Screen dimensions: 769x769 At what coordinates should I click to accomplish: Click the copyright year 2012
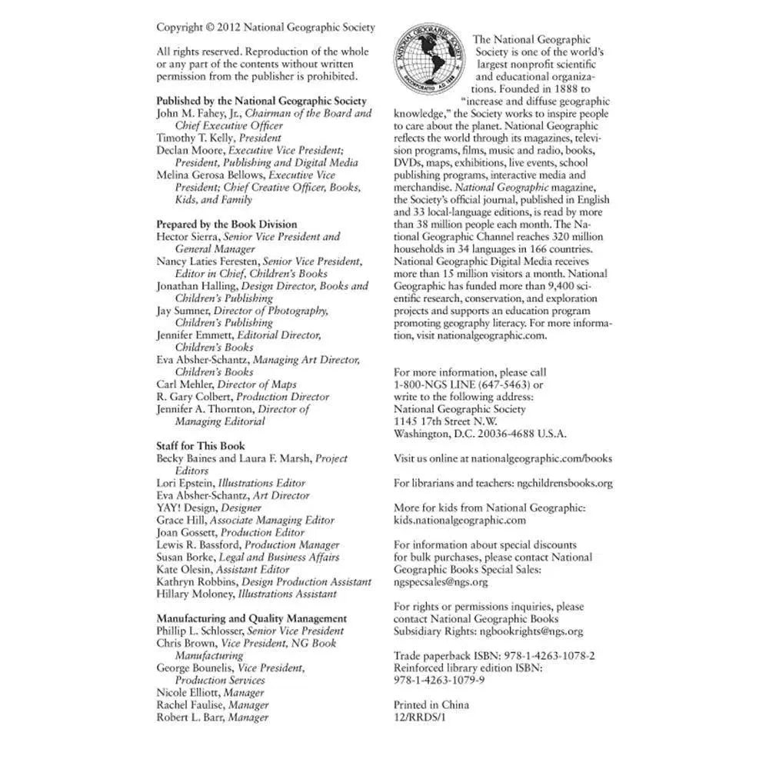(229, 28)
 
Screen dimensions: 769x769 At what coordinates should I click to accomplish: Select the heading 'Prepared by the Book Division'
(226, 225)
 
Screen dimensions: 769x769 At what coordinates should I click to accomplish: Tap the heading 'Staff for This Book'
(201, 446)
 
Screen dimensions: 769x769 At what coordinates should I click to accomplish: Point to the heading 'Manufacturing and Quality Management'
(251, 618)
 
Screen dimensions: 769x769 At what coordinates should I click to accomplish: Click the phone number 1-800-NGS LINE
(435, 384)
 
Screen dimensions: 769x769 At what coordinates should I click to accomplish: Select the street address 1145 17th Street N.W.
(445, 421)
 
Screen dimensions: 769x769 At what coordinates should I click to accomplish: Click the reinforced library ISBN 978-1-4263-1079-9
(439, 681)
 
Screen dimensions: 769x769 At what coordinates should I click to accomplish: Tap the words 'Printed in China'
(431, 705)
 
